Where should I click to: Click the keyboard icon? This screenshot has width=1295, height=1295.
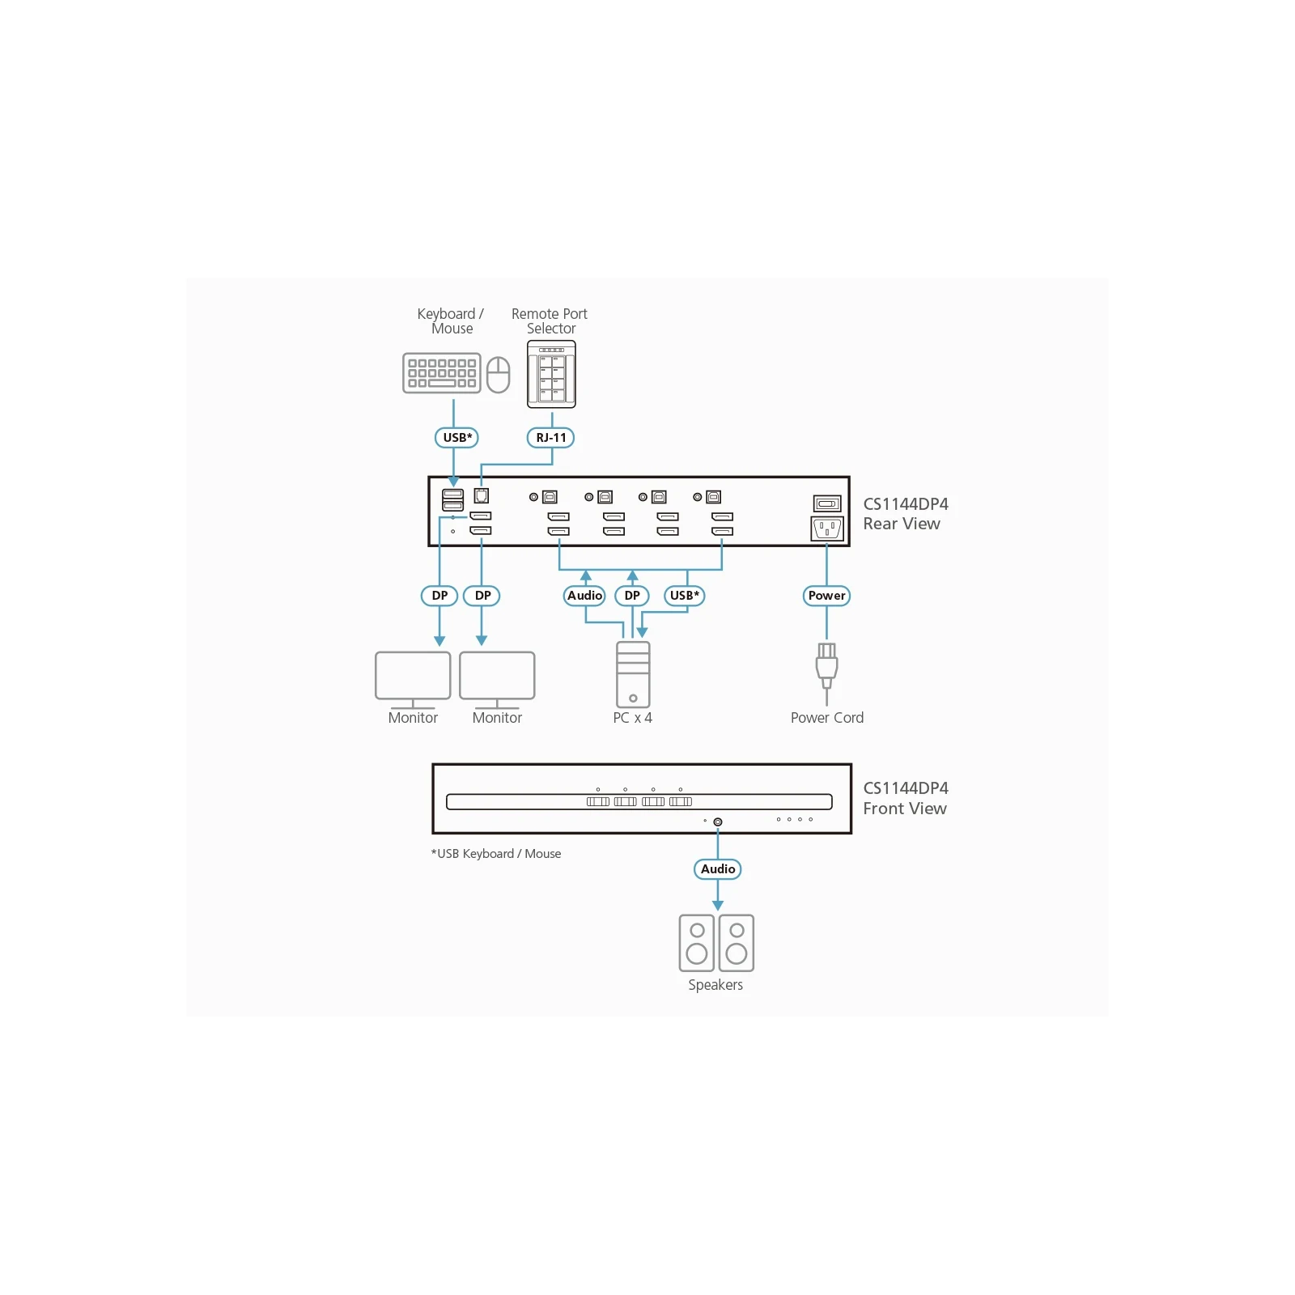coord(442,373)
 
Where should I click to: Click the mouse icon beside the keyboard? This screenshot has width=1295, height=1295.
coord(498,375)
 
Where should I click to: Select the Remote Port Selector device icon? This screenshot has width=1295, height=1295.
coord(551,374)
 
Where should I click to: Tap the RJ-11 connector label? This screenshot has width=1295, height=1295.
coord(551,438)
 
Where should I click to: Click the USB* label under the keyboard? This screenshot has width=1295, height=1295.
coord(457,438)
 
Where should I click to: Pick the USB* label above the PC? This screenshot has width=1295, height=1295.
coord(685,596)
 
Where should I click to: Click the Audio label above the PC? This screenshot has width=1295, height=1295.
coord(584,596)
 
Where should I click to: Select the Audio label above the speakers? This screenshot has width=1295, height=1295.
coord(718,869)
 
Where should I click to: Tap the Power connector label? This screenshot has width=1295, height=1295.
coord(826,596)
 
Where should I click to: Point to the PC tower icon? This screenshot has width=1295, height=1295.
coord(633,675)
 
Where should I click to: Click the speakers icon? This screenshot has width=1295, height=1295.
coord(716,943)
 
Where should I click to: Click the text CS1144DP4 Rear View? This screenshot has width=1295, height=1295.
coord(906,514)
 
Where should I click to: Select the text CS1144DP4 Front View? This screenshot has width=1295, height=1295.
coord(906,798)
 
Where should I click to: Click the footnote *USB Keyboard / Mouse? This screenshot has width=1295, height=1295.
coord(496,854)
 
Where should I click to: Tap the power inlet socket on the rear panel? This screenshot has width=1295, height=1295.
coord(827,529)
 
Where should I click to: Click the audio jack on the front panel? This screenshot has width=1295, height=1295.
coord(718,822)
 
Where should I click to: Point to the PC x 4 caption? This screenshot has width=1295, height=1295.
coord(633,718)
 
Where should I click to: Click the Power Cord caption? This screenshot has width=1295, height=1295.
coord(827,718)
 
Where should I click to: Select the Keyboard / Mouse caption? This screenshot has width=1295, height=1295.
coord(451,321)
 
